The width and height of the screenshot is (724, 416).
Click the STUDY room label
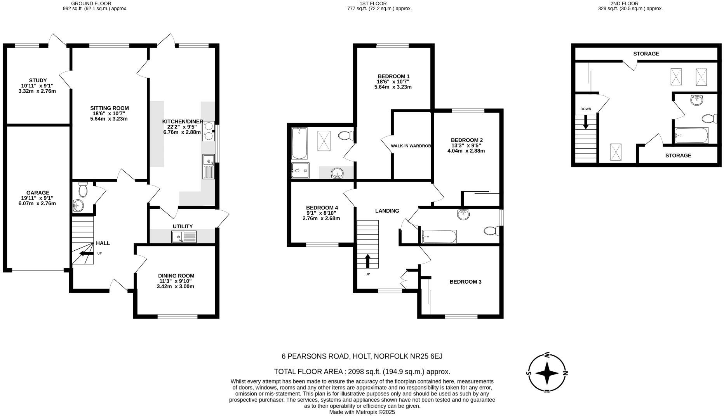[38, 80]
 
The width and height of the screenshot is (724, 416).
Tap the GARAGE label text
[38, 192]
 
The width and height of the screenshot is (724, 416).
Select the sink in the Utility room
[184, 237]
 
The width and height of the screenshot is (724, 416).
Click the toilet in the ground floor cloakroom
[83, 190]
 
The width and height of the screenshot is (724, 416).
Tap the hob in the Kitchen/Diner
[209, 130]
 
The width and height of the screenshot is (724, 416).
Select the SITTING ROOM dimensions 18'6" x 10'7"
[109, 113]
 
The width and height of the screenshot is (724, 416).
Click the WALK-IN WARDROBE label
[411, 146]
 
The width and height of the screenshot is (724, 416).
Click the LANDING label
[387, 211]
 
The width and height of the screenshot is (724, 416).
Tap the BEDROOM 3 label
[465, 281]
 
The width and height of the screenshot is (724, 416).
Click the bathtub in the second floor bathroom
[691, 135]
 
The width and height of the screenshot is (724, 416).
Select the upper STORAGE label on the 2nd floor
[646, 54]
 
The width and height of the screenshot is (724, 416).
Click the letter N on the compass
[566, 373]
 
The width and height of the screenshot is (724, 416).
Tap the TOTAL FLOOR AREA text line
[362, 371]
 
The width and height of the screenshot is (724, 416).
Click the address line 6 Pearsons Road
[362, 356]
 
